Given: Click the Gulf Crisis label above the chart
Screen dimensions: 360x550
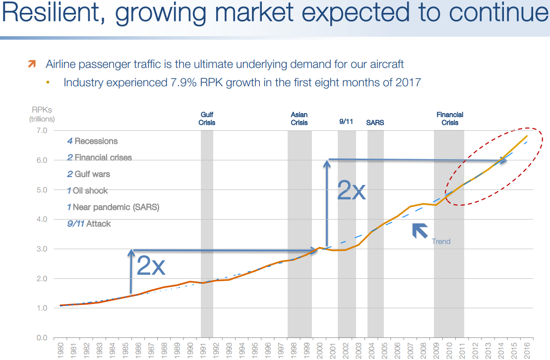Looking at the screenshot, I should tap(207, 119).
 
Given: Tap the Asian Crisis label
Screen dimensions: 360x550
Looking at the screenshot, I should tap(299, 119).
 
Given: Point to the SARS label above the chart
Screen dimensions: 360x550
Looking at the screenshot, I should tap(375, 122).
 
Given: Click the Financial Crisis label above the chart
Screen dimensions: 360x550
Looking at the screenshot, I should tap(450, 119).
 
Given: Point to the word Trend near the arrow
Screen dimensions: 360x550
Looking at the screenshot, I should tap(441, 241).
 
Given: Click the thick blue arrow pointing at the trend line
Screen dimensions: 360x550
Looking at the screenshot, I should tap(420, 231).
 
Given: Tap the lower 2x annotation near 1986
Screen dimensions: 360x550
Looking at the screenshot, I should tap(150, 266).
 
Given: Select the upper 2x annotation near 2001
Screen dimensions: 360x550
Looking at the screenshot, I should tap(351, 190).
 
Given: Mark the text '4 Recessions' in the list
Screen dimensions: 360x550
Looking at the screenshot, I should tap(92, 141).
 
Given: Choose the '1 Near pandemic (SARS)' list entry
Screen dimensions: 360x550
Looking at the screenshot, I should tap(113, 207).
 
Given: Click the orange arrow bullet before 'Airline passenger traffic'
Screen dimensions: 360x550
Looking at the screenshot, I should tap(32, 64).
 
